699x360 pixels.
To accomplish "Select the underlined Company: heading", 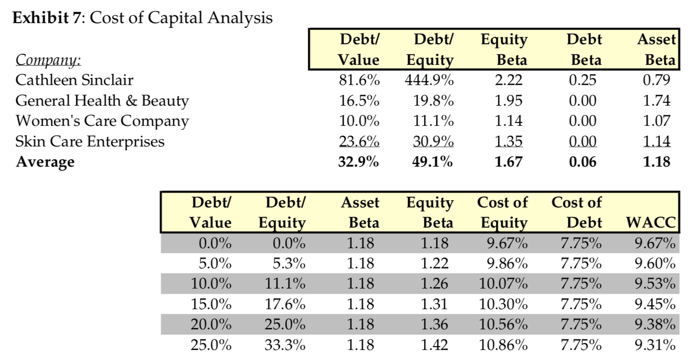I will coord(48,60).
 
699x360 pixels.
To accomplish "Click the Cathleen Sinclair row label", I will coord(74,80).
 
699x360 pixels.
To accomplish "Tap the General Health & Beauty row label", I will coord(102,100).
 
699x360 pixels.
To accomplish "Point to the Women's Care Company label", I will coord(102,121).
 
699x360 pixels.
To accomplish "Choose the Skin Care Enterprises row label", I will coord(90,141).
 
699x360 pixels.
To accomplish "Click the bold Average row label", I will coord(45,162).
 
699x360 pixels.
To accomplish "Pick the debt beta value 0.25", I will coord(583,80).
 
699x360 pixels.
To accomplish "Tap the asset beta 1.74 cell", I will coord(656,100).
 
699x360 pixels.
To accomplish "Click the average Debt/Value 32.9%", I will coord(359,162).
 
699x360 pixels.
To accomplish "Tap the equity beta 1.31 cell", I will coord(435,304).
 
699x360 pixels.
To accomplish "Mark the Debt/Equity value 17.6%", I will coord(285,304).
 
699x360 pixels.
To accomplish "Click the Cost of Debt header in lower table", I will coord(577,212).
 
